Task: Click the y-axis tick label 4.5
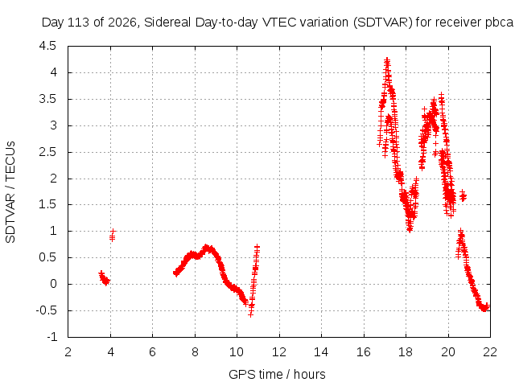pos(47,46)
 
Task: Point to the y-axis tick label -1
pos(51,337)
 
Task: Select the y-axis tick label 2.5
pos(48,152)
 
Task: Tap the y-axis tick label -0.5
pos(47,310)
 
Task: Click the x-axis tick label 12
pos(279,352)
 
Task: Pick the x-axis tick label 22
pos(490,352)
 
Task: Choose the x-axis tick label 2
pos(68,352)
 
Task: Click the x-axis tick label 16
pos(364,352)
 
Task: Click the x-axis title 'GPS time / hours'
pos(277,374)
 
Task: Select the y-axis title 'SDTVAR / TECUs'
pos(10,192)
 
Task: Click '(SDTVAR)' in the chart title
pos(383,23)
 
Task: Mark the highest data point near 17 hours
pos(387,60)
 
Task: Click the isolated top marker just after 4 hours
pos(113,231)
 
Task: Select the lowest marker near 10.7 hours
pos(251,314)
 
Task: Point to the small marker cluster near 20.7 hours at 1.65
pos(463,196)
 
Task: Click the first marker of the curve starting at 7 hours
pos(175,273)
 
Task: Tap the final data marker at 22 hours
pos(488,306)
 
